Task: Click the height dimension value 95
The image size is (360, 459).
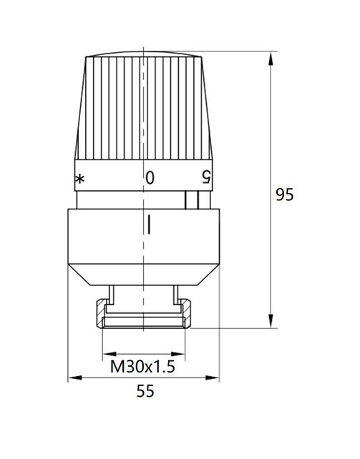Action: click(285, 194)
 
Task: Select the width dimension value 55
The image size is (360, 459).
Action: click(145, 390)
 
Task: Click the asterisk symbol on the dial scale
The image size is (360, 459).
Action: click(79, 178)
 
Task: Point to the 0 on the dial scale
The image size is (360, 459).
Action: click(150, 177)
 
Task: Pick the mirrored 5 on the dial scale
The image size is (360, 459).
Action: click(207, 177)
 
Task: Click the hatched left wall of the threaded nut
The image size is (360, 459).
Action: click(101, 315)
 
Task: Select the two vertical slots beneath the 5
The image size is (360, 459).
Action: click(190, 200)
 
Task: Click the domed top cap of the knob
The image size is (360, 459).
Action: click(145, 57)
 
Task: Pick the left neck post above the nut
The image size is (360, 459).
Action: click(115, 293)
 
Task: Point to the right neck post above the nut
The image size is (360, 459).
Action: click(175, 293)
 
